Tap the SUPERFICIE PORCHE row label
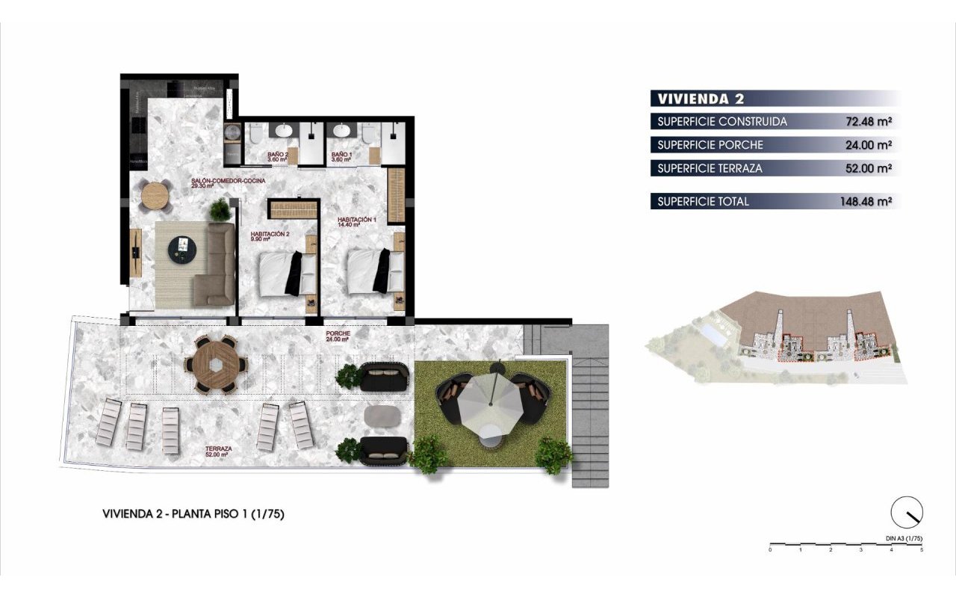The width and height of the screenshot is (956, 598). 710,145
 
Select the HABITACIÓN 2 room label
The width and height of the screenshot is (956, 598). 270,236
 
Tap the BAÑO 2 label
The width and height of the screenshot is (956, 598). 278,156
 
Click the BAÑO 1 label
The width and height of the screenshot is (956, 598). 342,156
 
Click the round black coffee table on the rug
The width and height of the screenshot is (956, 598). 182,249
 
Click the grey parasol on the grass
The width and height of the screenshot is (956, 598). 490,404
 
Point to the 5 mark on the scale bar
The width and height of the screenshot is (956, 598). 922,550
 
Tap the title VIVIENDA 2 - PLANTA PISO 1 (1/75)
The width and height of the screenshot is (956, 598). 193,514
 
